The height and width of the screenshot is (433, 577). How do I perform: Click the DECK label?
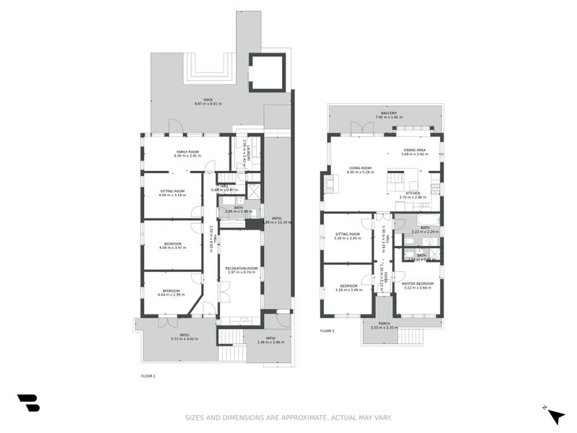pos(208,100)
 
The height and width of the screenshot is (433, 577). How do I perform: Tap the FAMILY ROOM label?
pos(187,151)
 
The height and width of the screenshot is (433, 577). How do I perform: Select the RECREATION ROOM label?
pos(242,268)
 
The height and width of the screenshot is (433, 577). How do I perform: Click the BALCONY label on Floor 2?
pos(389,113)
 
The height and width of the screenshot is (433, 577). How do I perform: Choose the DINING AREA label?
pos(414,150)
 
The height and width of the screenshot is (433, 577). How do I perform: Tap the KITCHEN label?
pos(413,193)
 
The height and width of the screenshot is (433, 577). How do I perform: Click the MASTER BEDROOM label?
pos(418,284)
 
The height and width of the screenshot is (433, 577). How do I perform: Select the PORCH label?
pos(384,323)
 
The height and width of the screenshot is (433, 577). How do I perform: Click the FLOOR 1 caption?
pos(149,376)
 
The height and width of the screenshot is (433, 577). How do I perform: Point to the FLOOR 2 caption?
pos(327,331)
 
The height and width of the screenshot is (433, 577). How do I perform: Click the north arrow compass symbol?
pos(555,416)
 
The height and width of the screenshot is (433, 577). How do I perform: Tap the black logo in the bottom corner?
pos(28,403)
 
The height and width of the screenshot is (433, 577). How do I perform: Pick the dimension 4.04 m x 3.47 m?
pos(172,248)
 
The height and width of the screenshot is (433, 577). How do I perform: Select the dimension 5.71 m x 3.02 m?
pos(185,338)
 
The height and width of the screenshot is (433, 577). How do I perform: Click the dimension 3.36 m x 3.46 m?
pos(270,341)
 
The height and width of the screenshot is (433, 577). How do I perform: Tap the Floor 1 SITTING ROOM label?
pos(172,191)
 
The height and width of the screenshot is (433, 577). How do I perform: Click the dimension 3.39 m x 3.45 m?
pos(348,238)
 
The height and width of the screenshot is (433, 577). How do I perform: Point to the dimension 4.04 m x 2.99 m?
pos(172,294)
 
